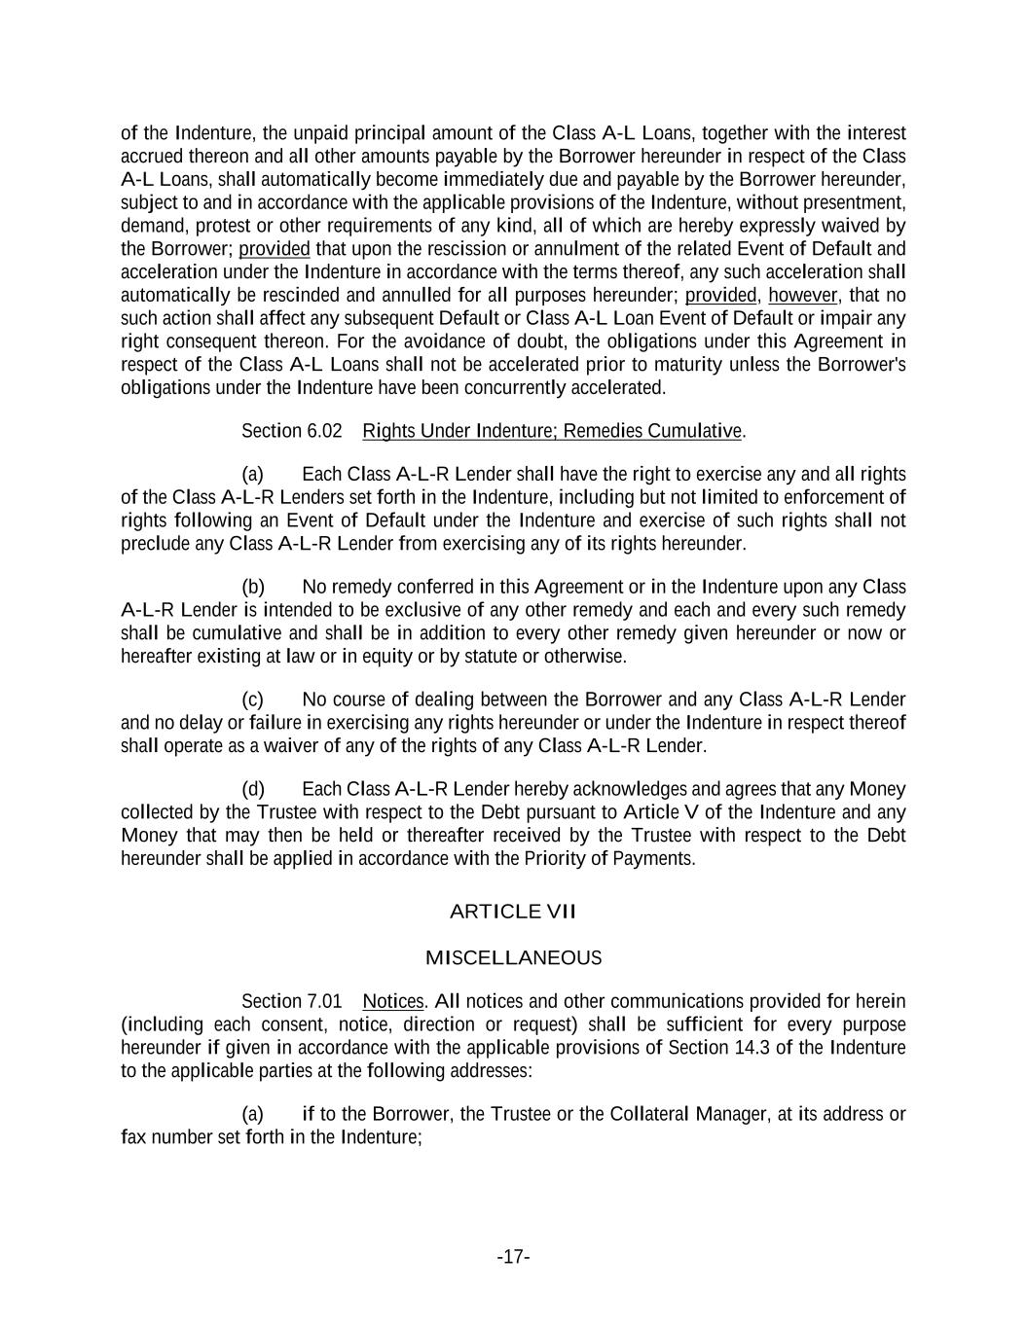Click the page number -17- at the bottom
click(x=513, y=1257)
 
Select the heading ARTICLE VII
click(x=513, y=912)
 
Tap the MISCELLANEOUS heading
click(x=513, y=958)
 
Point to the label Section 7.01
click(x=292, y=1001)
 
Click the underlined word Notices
click(x=393, y=1001)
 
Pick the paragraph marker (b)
click(x=253, y=587)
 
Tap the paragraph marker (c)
click(x=253, y=700)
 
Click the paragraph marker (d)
click(x=253, y=789)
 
